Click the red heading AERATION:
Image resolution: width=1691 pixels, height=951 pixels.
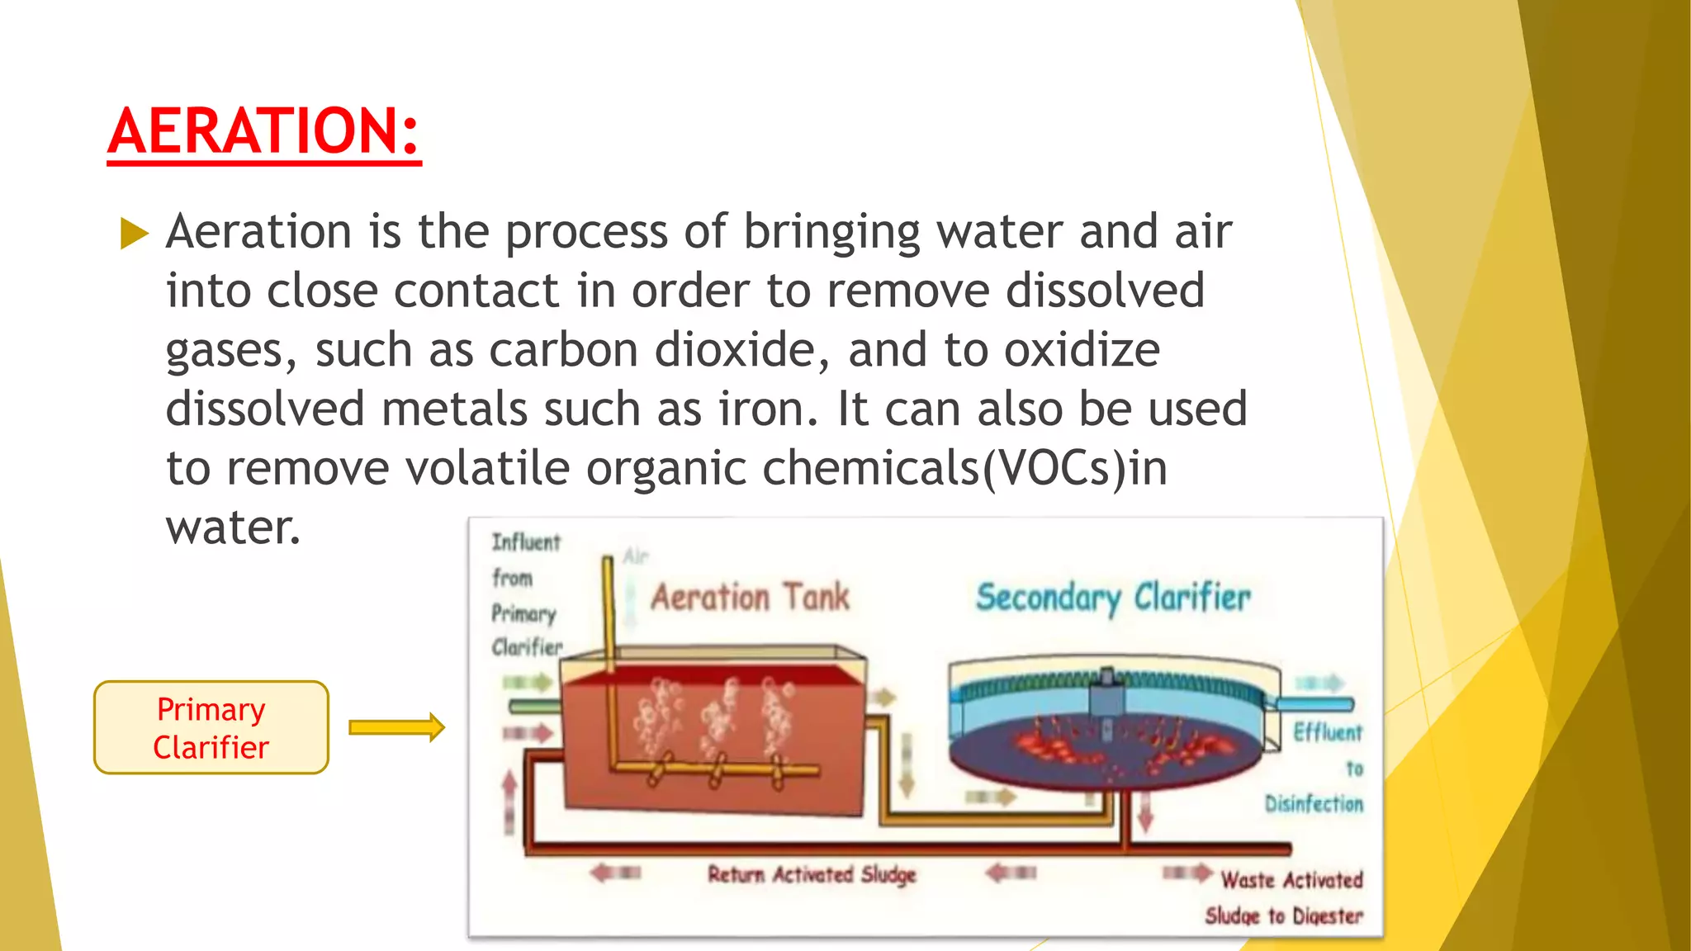264,132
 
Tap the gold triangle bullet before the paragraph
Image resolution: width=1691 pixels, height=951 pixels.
134,233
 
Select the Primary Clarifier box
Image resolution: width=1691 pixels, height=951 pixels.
211,727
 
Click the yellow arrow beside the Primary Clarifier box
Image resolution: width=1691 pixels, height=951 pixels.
396,727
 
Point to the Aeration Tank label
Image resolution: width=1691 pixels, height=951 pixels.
750,597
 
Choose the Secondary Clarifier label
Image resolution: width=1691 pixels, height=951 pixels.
1113,598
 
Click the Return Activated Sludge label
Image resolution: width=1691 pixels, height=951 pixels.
812,874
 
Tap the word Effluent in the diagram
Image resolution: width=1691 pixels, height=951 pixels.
1328,733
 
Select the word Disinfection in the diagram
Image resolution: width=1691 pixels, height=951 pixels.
1314,803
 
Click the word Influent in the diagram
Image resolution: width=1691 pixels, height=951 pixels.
526,542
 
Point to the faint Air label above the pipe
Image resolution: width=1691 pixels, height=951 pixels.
636,556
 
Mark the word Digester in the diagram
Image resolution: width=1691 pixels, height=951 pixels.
1328,916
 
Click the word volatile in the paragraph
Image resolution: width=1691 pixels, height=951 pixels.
487,469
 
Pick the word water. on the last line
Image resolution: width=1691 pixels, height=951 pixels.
234,528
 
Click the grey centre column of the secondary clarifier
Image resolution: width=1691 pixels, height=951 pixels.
1106,700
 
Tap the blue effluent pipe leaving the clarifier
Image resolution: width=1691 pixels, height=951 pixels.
1314,704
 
